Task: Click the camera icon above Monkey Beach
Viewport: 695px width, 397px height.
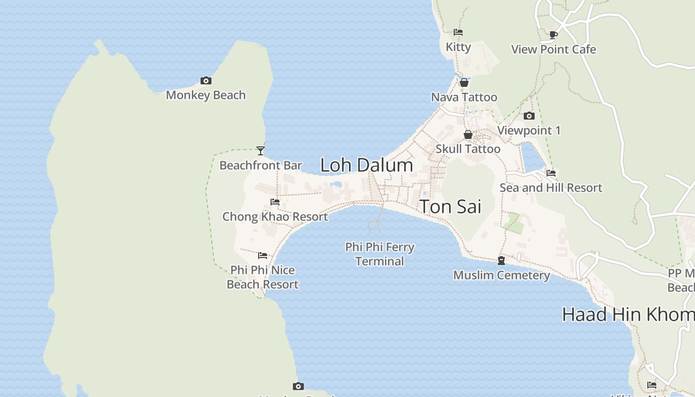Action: [206, 80]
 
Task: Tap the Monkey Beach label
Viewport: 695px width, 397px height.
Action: [206, 95]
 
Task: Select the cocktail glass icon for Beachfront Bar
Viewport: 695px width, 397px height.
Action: [261, 150]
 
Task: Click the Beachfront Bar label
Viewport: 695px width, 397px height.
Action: [261, 165]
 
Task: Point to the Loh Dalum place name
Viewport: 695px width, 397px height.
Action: [366, 165]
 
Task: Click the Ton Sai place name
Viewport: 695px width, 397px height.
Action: [451, 206]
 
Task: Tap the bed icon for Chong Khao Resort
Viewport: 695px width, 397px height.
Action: [275, 202]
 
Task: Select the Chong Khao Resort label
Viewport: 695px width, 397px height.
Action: [275, 217]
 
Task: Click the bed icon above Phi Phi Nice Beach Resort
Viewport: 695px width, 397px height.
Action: [263, 256]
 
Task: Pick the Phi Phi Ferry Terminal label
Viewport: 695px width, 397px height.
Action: [380, 254]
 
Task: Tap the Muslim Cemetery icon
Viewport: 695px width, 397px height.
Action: [501, 261]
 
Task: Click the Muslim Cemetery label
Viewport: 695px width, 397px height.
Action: [501, 275]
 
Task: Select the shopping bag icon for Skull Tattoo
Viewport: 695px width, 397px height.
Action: [468, 134]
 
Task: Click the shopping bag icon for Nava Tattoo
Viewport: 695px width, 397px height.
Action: [464, 82]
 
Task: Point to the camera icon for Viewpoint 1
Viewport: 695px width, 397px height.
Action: [529, 116]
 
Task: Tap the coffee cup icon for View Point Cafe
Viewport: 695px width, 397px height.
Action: [554, 35]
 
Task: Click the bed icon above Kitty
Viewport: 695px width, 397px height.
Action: [458, 32]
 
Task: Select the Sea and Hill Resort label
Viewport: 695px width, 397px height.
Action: [551, 188]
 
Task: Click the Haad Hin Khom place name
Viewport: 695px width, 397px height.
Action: [628, 315]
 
